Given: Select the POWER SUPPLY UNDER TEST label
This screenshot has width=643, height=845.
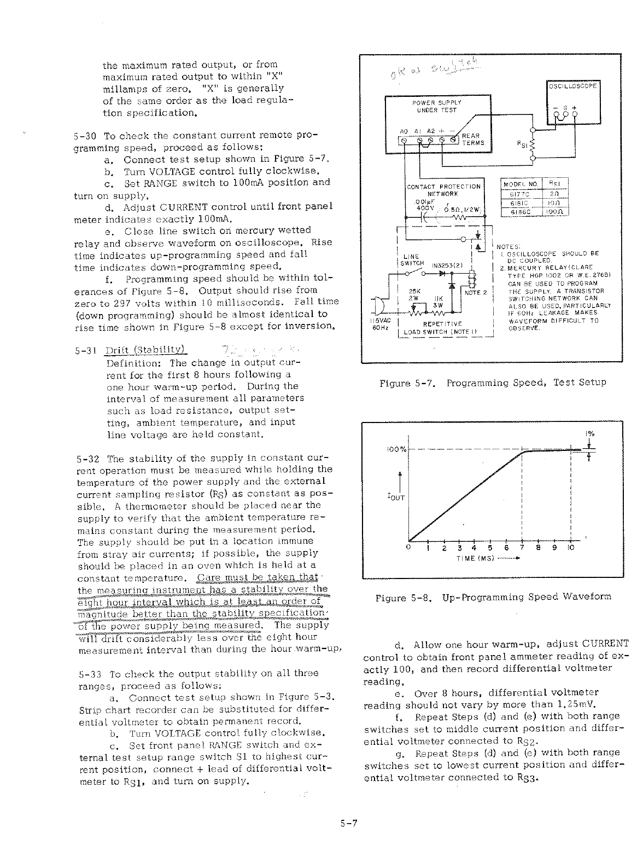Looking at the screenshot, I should (436, 106).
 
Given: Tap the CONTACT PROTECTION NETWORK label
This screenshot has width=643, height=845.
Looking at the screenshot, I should (443, 189).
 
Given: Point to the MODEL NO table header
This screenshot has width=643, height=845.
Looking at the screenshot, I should (521, 183).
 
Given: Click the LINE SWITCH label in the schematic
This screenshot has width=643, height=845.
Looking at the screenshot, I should (411, 259).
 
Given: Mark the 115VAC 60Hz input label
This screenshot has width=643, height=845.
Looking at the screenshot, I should (379, 324).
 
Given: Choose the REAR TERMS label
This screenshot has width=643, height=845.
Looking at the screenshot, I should (471, 140).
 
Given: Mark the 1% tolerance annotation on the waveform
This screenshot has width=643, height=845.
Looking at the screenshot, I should (591, 434).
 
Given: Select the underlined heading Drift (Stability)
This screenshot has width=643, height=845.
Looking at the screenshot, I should (145, 350).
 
